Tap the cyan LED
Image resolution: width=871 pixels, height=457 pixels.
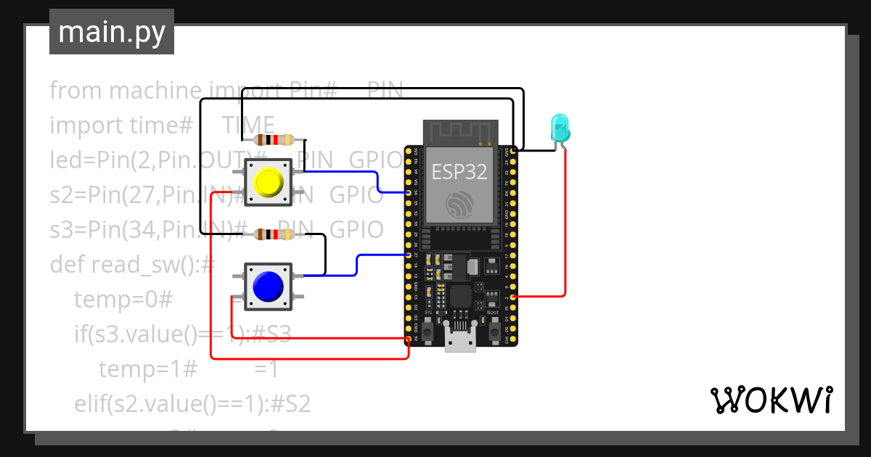[x=560, y=128]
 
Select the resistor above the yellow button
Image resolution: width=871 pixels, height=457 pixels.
[x=273, y=140]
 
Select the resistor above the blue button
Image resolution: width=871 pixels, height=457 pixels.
[x=273, y=234]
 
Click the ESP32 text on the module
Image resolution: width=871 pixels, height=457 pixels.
[x=459, y=171]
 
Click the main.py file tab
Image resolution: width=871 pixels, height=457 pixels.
[x=112, y=32]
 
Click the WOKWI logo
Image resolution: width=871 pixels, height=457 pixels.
[x=770, y=400]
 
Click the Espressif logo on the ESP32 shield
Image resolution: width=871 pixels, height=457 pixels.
[x=459, y=205]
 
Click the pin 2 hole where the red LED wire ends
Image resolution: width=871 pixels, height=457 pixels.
[x=515, y=297]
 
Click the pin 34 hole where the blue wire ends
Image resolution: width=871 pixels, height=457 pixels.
[x=409, y=193]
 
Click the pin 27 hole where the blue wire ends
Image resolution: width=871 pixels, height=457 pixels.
[x=409, y=255]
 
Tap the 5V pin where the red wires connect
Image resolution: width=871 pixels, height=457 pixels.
[x=409, y=339]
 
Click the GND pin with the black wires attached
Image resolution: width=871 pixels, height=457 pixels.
[x=515, y=150]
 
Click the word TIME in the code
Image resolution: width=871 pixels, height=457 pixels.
[x=248, y=125]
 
